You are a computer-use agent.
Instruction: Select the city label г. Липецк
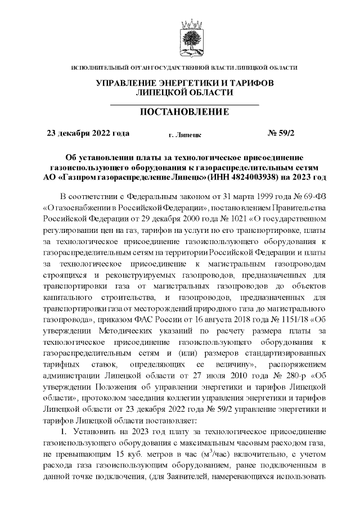coord(185,135)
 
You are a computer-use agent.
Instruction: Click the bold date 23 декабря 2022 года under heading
coord(88,133)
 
